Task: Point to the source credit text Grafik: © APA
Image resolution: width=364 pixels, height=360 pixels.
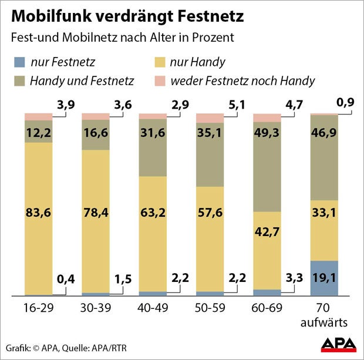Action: pyautogui.click(x=35, y=346)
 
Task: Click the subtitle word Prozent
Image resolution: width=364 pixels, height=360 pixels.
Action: pyautogui.click(x=214, y=38)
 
